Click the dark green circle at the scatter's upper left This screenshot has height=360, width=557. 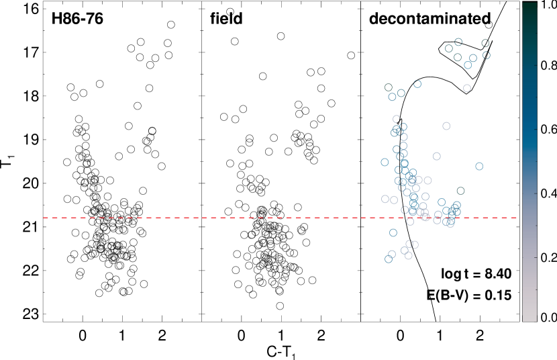pyautogui.click(x=389, y=88)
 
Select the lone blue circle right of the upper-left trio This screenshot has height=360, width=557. pyautogui.click(x=417, y=84)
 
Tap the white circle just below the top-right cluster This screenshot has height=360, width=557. pyautogui.click(x=467, y=89)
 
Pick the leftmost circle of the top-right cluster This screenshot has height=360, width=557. pyautogui.click(x=449, y=48)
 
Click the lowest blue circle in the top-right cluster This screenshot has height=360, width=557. pyautogui.click(x=468, y=65)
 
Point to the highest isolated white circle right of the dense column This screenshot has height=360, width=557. pyautogui.click(x=446, y=126)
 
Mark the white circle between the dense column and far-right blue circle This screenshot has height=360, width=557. pyautogui.click(x=437, y=156)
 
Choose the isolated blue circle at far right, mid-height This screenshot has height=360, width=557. pyautogui.click(x=479, y=167)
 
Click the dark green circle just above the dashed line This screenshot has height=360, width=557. pyautogui.click(x=460, y=191)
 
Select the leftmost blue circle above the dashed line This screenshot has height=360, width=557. pyautogui.click(x=385, y=162)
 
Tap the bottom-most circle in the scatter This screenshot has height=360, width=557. pyautogui.click(x=389, y=259)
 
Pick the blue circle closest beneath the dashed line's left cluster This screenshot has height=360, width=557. pyautogui.click(x=393, y=233)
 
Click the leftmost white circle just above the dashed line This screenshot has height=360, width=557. pyautogui.click(x=385, y=199)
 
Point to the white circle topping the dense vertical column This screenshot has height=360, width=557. pyautogui.click(x=397, y=120)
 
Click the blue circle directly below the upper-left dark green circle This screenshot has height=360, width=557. pyautogui.click(x=392, y=97)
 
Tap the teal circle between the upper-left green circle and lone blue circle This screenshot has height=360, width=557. pyautogui.click(x=401, y=93)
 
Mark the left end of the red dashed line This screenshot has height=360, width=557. pyautogui.click(x=44, y=218)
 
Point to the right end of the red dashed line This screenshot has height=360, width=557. pyautogui.click(x=517, y=218)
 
